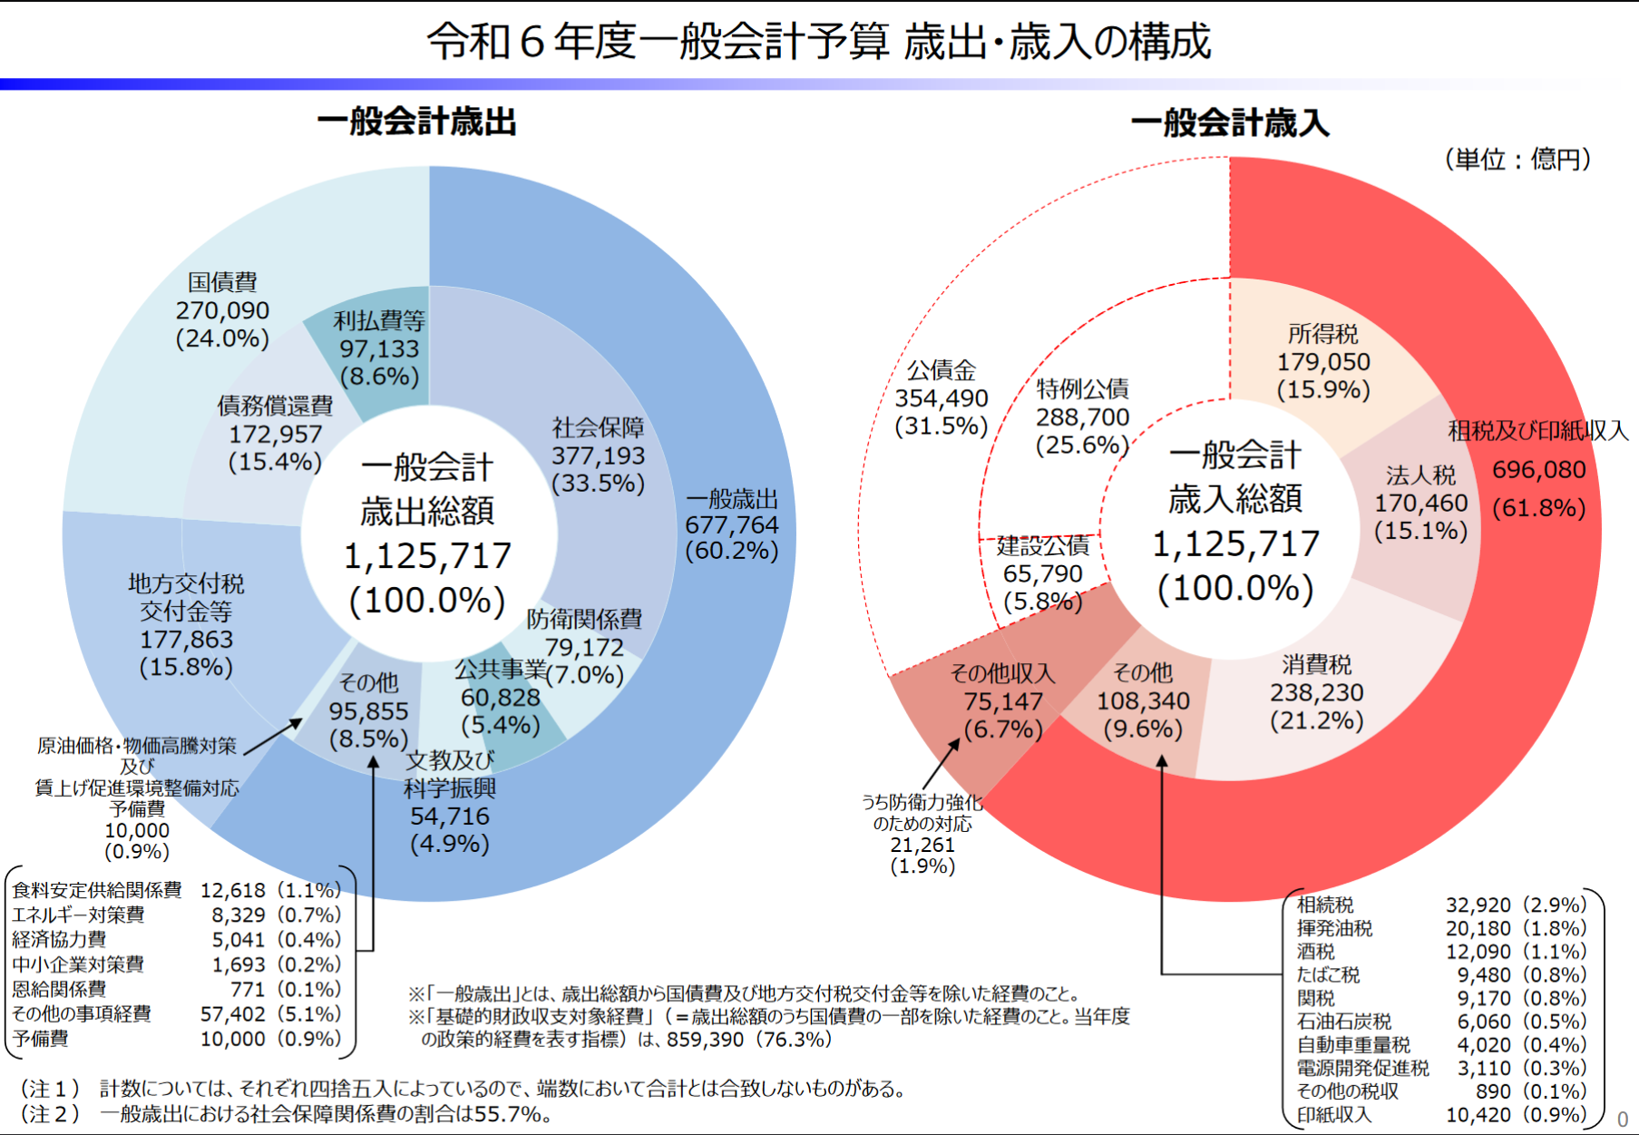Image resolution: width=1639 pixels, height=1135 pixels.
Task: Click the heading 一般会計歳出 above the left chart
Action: click(x=416, y=122)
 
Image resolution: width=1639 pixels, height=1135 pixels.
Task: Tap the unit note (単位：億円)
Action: click(x=1517, y=160)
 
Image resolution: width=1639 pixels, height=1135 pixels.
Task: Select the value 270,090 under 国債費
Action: click(x=222, y=310)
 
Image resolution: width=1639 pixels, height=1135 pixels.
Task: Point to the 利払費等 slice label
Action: click(x=379, y=320)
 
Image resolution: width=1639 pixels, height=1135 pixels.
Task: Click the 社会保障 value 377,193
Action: click(x=598, y=455)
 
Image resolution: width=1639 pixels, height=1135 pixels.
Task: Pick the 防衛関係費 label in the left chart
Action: click(x=584, y=620)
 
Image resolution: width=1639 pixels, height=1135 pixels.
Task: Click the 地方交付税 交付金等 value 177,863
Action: click(x=186, y=640)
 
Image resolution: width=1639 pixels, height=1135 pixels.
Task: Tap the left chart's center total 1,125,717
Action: click(x=427, y=556)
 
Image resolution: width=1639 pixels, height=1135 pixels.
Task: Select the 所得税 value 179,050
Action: click(x=1323, y=362)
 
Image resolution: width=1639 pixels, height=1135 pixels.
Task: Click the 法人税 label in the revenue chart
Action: click(x=1420, y=475)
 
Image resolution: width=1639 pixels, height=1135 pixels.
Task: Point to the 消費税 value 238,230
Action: click(x=1316, y=693)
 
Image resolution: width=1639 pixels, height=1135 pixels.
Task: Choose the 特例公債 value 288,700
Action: click(x=1082, y=417)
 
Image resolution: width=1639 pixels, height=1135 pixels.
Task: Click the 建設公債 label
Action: click(x=1042, y=546)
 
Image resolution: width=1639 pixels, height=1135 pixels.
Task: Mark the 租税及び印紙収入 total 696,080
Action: click(x=1538, y=470)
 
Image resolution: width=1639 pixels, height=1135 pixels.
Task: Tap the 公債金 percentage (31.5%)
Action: click(x=941, y=426)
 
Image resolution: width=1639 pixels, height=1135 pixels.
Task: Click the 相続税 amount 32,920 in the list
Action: click(x=1478, y=905)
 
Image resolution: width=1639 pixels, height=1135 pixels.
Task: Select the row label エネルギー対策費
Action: click(x=78, y=915)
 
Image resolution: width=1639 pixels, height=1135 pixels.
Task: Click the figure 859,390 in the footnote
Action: click(x=705, y=1040)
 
